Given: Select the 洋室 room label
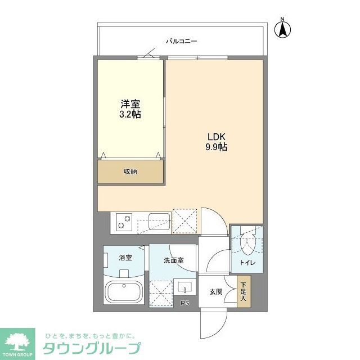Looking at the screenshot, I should (x=130, y=104).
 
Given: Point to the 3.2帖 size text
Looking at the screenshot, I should (x=130, y=114).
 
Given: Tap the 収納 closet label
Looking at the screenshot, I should (x=130, y=172).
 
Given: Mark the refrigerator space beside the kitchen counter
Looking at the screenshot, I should (x=184, y=220).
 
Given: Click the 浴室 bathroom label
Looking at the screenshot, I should (x=125, y=258).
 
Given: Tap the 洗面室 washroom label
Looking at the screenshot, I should (x=173, y=260).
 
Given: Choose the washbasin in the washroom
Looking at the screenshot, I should (x=184, y=288).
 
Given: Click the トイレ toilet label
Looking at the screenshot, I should (x=247, y=262).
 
